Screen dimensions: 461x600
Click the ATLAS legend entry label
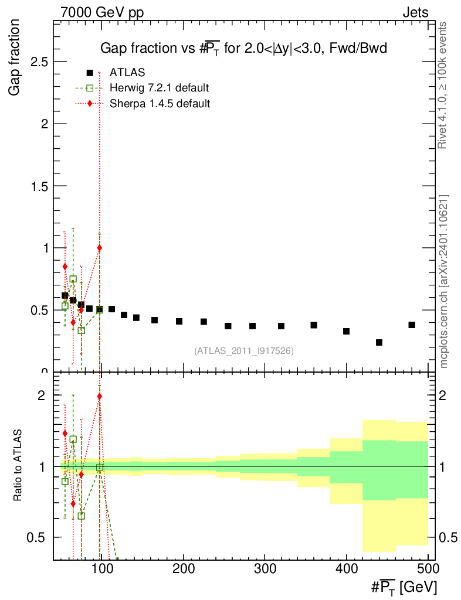pyautogui.click(x=127, y=72)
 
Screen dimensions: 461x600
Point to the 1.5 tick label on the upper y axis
pyautogui.click(x=39, y=186)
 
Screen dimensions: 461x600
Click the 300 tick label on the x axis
pyautogui.click(x=265, y=568)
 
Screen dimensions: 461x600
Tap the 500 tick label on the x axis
pyautogui.click(x=428, y=568)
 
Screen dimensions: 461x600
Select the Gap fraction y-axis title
pyautogui.click(x=14, y=57)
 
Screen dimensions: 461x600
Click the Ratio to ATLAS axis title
pyautogui.click(x=18, y=465)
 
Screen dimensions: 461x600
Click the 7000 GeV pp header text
pyautogui.click(x=102, y=13)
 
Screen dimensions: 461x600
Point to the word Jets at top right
pyautogui.click(x=415, y=13)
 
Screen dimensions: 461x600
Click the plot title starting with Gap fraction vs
pyautogui.click(x=243, y=48)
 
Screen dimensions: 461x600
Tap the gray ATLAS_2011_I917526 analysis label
pyautogui.click(x=244, y=350)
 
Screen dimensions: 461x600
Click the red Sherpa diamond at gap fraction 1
pyautogui.click(x=100, y=248)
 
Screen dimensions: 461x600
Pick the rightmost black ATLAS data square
pyautogui.click(x=412, y=325)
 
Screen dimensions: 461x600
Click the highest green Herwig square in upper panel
pyautogui.click(x=73, y=279)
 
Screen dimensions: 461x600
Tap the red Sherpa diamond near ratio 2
pyautogui.click(x=100, y=396)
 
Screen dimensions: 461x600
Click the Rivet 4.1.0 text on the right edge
pyautogui.click(x=442, y=86)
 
